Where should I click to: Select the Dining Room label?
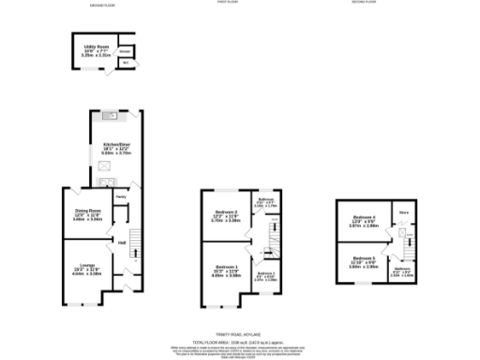pyautogui.click(x=87, y=215)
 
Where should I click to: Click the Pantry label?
pyautogui.click(x=121, y=197)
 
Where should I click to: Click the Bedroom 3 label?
pyautogui.click(x=266, y=273)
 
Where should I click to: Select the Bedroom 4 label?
pyautogui.click(x=363, y=221)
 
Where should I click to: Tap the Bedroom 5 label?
pyautogui.click(x=364, y=260)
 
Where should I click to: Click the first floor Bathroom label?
pyautogui.click(x=266, y=200)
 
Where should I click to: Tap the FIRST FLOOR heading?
pyautogui.click(x=228, y=4)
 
